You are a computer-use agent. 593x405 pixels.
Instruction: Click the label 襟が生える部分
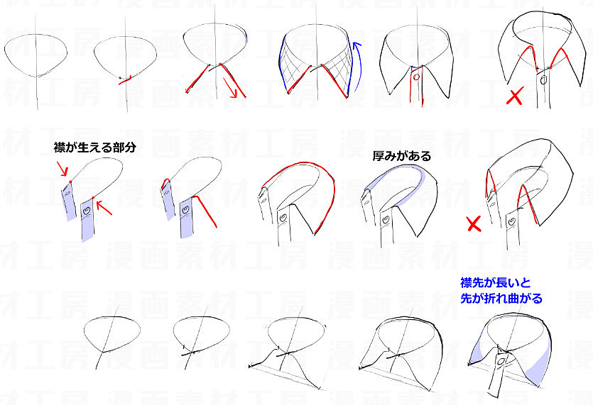point(95,148)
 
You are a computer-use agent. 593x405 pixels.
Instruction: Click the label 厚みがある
point(402,155)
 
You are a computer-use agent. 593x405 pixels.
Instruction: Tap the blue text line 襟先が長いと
point(496,282)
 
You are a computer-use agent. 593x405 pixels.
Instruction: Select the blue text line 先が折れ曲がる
point(501,298)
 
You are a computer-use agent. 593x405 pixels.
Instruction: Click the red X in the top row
point(515,96)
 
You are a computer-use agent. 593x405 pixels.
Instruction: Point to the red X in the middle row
point(474,224)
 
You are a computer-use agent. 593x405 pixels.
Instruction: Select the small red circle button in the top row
point(416,77)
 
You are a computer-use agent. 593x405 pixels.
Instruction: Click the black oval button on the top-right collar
point(544,80)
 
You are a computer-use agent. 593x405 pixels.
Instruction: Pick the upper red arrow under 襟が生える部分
point(62,169)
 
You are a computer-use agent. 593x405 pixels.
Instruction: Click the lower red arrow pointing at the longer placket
point(104,208)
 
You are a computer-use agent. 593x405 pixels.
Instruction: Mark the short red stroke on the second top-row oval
point(125,79)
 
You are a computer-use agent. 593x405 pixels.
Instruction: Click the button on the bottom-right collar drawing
point(501,362)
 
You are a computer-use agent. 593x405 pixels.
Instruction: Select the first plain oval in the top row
point(36,55)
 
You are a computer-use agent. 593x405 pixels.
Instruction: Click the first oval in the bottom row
point(112,334)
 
